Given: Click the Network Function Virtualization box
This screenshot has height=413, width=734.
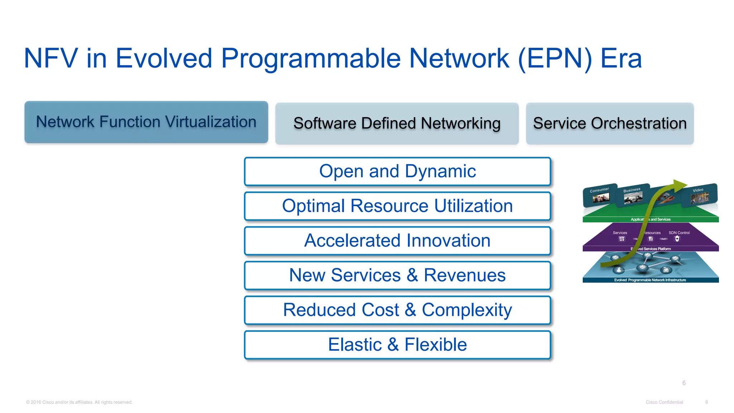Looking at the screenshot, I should pos(146,122).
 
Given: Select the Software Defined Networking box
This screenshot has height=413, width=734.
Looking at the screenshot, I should pos(397,124).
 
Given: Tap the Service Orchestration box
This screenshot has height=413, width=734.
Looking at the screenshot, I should pos(610,124).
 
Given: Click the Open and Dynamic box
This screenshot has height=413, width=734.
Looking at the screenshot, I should pos(397,171).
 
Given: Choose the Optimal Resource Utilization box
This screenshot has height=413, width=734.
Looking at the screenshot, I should pos(397,206).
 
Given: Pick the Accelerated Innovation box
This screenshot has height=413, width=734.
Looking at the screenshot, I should pos(397,241).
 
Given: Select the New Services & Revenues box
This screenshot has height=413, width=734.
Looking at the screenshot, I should pos(397,275).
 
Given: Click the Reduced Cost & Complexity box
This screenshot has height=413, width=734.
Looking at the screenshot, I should pos(397,310).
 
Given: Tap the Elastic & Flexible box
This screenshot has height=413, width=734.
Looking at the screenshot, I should pos(397,345).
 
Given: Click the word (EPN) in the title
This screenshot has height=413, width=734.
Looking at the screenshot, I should pos(555,58).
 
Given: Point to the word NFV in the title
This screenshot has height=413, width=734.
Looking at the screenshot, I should pos(51,58).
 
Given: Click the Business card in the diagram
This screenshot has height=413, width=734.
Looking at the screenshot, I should pos(632,195).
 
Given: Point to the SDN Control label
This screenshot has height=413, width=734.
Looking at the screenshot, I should pos(679,233).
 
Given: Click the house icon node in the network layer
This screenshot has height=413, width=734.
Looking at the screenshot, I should pos(666,270).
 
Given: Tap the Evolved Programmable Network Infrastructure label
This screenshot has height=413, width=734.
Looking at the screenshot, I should pos(650,280).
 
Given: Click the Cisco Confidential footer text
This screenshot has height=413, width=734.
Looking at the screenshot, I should pos(664,402).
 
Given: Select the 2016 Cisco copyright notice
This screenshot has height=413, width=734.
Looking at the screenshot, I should pos(79,402).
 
